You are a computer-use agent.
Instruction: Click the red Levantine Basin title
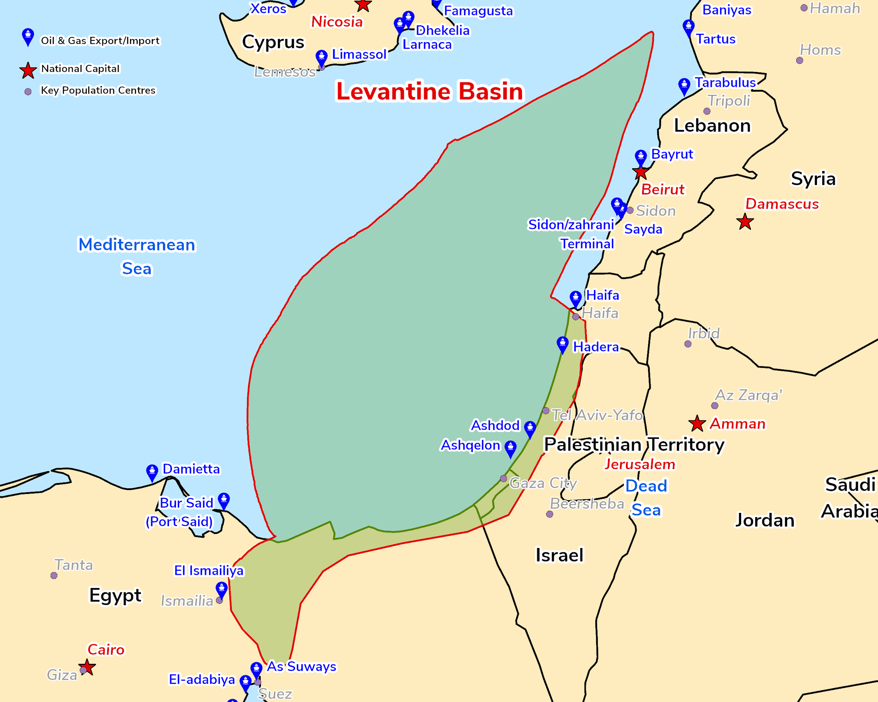click(429, 91)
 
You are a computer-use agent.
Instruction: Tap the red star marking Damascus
click(745, 222)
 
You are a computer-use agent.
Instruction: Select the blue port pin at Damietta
click(152, 472)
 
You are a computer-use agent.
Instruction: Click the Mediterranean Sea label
click(137, 256)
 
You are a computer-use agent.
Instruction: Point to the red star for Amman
click(697, 424)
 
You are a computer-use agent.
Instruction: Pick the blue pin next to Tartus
click(688, 27)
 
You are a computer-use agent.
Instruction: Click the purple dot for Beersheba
click(550, 514)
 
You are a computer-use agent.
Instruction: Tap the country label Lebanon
click(712, 125)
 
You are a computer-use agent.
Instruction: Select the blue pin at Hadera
click(562, 344)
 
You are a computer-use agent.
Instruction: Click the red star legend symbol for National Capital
click(28, 70)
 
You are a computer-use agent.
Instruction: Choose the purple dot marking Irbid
click(688, 344)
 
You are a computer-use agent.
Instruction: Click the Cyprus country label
click(273, 42)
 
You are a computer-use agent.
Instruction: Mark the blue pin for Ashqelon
click(510, 448)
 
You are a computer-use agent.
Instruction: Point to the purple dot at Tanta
click(54, 575)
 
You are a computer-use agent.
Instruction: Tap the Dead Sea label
click(646, 498)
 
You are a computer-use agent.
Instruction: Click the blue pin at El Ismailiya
click(222, 590)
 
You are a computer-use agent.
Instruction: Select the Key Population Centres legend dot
click(28, 92)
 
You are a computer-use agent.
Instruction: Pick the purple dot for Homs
click(799, 61)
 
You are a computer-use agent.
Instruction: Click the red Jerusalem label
click(640, 464)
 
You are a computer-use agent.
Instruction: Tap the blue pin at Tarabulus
click(684, 86)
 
